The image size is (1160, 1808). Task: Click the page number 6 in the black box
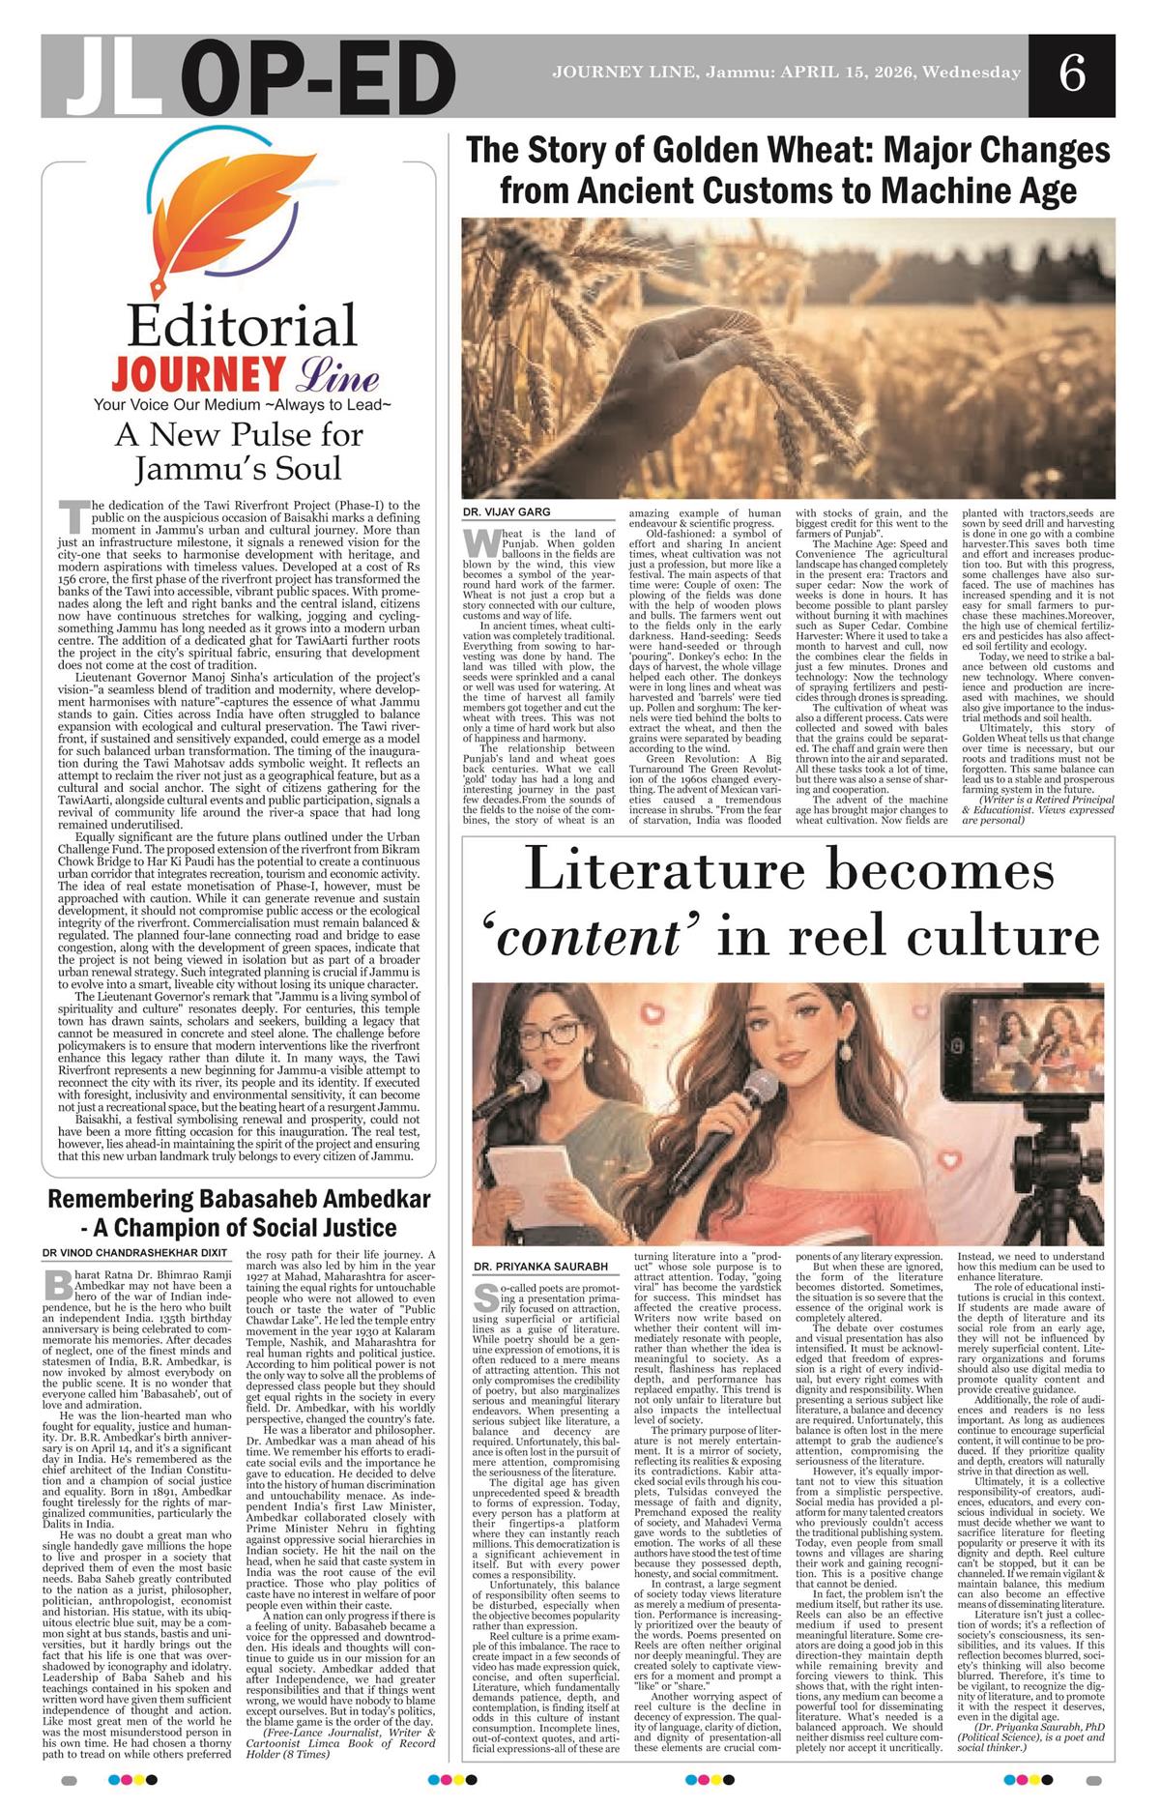[x=1072, y=74]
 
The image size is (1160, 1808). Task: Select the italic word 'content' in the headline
[x=593, y=937]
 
